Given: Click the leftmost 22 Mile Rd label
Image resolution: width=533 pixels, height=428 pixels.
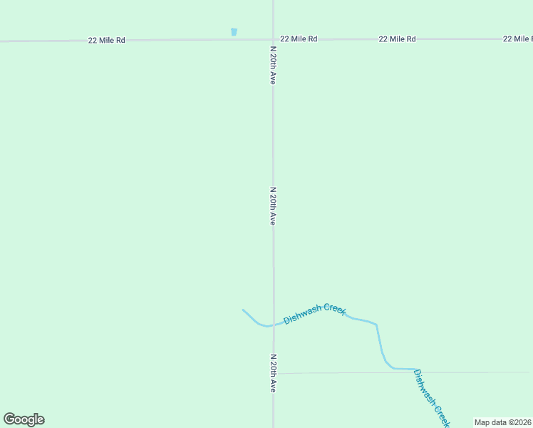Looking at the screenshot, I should coord(107,41).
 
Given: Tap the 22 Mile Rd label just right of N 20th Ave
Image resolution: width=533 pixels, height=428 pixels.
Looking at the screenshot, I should coord(299,39).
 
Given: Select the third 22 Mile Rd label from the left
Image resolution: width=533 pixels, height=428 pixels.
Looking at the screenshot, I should coord(397,39).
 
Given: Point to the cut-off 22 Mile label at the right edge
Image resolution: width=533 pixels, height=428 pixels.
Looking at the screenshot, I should coord(517,39).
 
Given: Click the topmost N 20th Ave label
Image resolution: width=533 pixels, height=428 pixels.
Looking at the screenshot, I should coord(273,66).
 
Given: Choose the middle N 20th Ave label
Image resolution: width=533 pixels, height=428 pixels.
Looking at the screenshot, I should coord(273,207).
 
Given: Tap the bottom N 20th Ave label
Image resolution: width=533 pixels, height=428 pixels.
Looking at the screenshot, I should coord(273,373).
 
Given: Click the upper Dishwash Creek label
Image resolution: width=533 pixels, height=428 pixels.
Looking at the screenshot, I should coord(314,314).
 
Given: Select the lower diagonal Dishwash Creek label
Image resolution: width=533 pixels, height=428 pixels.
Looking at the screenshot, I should coord(432,398).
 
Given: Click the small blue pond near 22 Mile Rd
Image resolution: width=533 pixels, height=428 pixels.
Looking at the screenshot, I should coord(234,32).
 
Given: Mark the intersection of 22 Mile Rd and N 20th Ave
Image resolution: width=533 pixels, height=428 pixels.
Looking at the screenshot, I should coord(273,39).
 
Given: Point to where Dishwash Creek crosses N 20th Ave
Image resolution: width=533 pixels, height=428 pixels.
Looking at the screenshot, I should coord(273,325).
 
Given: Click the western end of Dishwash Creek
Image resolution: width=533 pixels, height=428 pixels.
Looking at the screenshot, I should coord(244,310).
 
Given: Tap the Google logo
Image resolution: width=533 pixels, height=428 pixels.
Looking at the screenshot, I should coord(24,419).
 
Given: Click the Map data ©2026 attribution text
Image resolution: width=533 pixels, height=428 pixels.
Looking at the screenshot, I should coord(503,422).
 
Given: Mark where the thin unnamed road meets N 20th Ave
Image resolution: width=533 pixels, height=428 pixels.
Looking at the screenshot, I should coord(274,373).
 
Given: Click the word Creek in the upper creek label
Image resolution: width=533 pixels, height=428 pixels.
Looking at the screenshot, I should coord(334,309).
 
